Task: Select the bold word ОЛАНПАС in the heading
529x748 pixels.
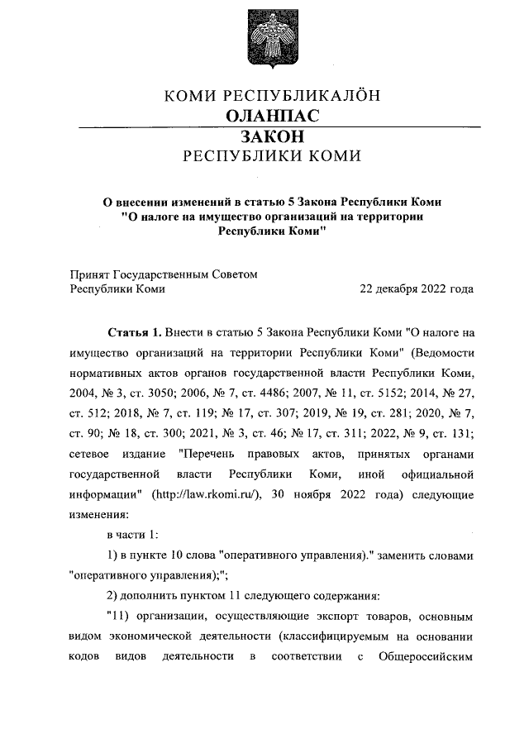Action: [272, 116]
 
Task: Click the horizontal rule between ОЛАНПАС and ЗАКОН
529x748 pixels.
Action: [272, 126]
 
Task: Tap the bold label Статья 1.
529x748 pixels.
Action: [135, 333]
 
